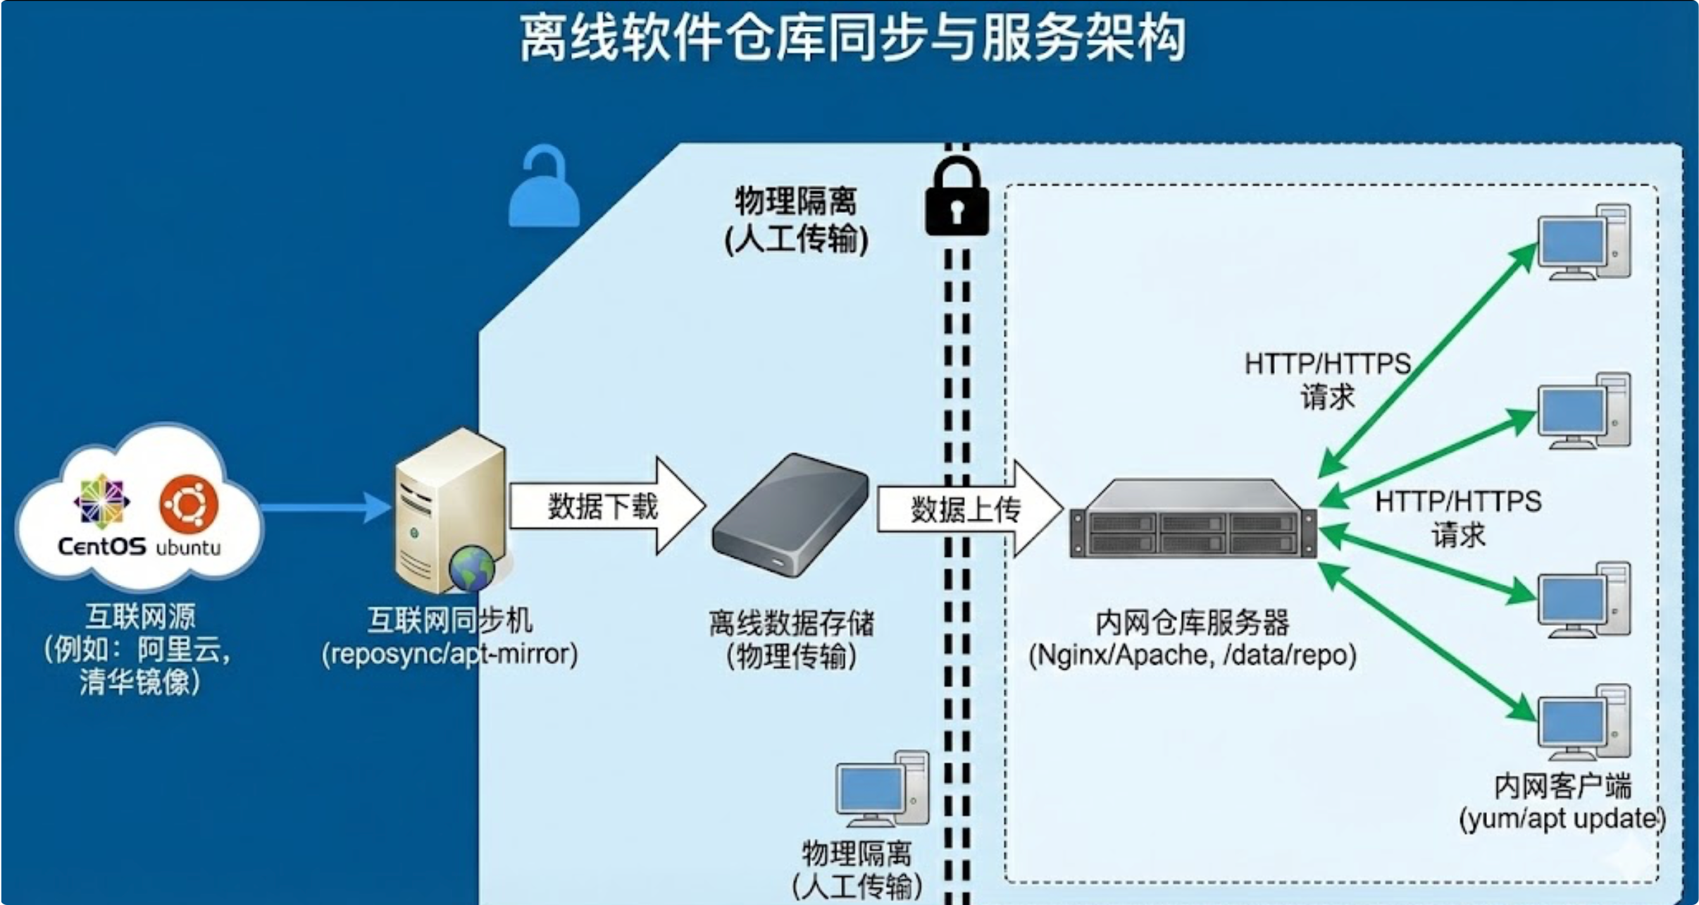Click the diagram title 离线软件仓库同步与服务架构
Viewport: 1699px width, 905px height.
[852, 38]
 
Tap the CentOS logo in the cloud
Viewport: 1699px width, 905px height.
[101, 500]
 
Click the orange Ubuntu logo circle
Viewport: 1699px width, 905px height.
[189, 503]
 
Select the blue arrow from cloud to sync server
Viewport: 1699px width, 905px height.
[324, 507]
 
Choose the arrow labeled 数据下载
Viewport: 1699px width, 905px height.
[606, 506]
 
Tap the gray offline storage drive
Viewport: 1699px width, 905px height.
[790, 515]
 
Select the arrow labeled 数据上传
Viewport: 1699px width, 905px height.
[968, 509]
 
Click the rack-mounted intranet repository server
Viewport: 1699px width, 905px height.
[1192, 520]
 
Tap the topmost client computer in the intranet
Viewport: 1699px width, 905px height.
[1583, 242]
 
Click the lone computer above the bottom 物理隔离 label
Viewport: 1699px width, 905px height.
[882, 789]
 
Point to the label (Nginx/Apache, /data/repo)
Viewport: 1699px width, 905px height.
[1192, 655]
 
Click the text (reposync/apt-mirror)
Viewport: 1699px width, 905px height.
[449, 654]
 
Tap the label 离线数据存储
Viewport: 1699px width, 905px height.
[791, 623]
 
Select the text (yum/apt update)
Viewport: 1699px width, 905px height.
[1562, 819]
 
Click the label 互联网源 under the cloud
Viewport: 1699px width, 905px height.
[141, 617]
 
